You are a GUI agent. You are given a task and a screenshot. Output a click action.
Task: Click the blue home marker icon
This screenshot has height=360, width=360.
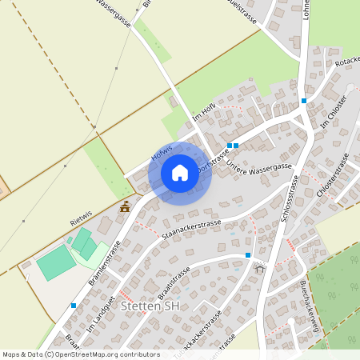point(180,173)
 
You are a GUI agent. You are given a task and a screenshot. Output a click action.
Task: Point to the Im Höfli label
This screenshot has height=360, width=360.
point(205,120)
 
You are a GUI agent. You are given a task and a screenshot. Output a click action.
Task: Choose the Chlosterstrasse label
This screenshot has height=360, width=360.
point(333,178)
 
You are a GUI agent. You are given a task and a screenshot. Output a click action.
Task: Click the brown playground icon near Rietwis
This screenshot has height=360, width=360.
point(125,207)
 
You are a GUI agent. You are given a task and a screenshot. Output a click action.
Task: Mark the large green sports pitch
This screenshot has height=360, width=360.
point(57,262)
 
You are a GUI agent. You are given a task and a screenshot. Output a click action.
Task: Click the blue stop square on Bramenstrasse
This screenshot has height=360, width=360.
point(74,306)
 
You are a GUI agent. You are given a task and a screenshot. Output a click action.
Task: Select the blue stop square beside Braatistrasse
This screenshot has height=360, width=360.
point(248,255)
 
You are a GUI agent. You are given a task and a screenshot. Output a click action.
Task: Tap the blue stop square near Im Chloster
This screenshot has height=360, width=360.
point(304,101)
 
